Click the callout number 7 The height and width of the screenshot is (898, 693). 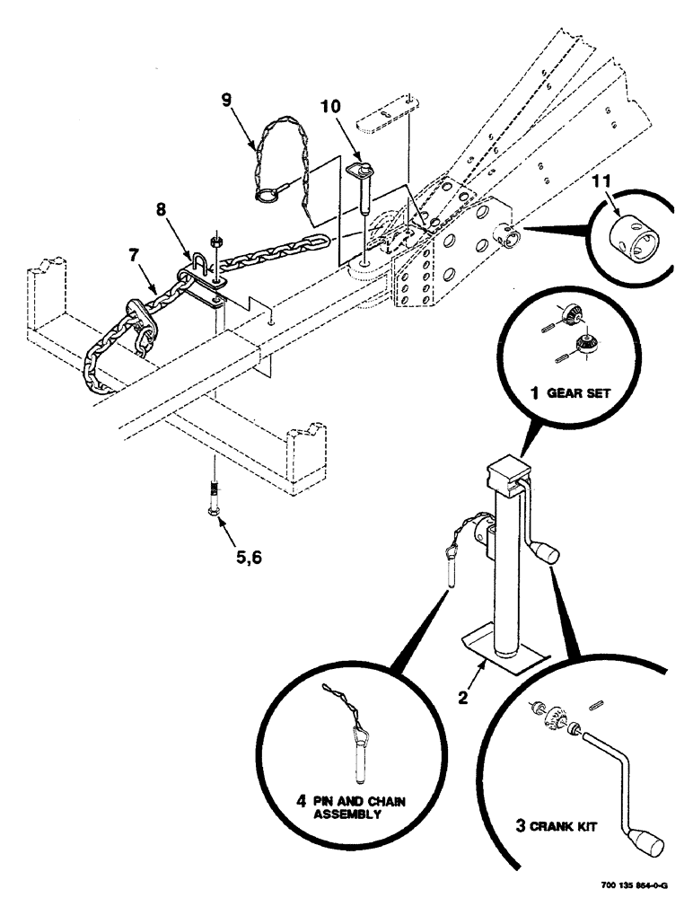click(x=132, y=255)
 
